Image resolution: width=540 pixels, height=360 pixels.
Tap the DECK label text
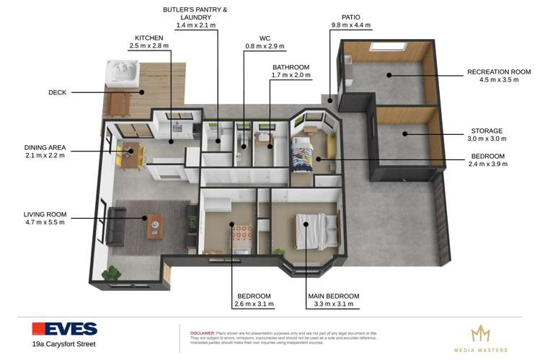pos(58,92)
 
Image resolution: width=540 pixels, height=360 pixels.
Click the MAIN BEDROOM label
pos(332,296)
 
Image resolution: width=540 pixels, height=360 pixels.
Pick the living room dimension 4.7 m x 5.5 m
pos(45,222)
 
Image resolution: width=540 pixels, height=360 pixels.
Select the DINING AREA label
pos(45,147)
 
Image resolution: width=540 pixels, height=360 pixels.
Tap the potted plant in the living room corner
pos(111,274)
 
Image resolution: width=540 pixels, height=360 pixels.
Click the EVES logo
pos(64,328)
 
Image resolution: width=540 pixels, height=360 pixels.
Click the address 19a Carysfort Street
pos(63,344)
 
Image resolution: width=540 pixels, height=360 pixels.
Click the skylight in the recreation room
pos(382,48)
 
